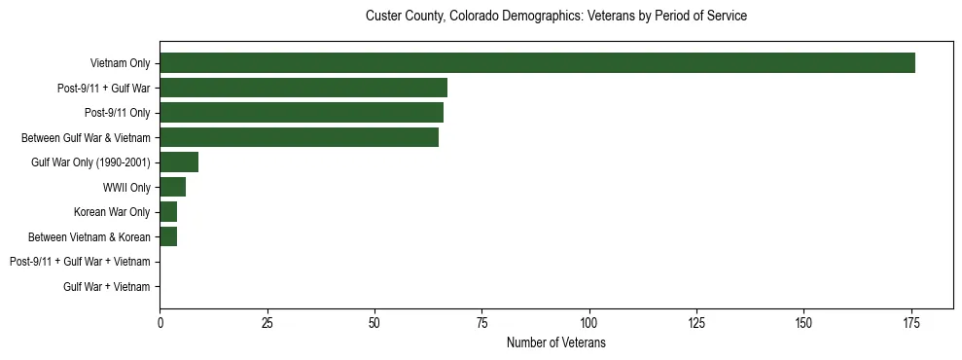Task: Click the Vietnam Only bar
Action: (x=537, y=63)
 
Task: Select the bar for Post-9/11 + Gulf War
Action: (x=303, y=88)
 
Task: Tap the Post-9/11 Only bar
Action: (x=302, y=113)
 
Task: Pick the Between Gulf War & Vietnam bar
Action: (x=299, y=137)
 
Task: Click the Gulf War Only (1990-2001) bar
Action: (x=179, y=162)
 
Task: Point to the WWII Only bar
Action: (x=172, y=187)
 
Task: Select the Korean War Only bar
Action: (x=168, y=212)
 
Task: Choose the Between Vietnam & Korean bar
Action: (x=168, y=236)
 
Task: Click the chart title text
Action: (x=555, y=17)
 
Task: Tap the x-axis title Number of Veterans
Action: (x=555, y=342)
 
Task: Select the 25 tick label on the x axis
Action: (x=267, y=323)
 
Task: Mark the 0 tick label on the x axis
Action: (x=160, y=323)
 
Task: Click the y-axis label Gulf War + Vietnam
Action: (x=107, y=286)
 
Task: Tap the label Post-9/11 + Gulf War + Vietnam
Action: (x=80, y=262)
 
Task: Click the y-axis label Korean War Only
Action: (x=112, y=212)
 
